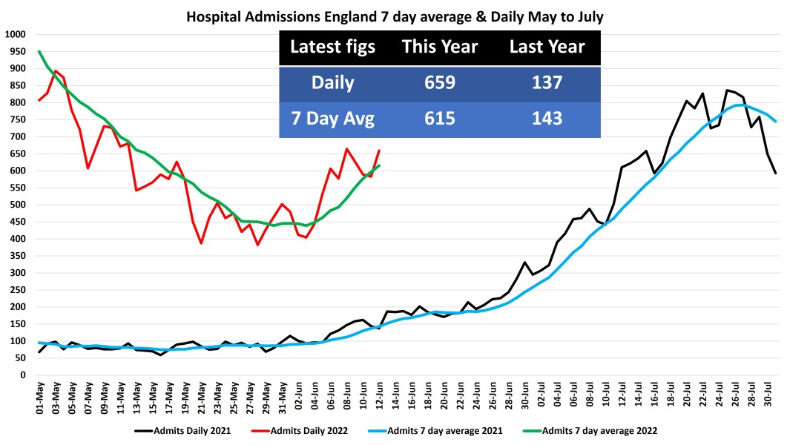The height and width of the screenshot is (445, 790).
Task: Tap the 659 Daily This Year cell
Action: click(x=439, y=83)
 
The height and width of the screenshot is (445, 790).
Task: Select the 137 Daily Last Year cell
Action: click(x=547, y=83)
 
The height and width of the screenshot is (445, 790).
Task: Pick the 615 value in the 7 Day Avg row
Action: click(x=439, y=119)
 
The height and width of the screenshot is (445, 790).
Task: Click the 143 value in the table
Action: click(x=547, y=119)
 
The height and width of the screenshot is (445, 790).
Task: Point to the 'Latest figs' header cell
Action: click(x=332, y=47)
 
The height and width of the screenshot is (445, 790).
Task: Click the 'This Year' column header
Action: click(x=439, y=47)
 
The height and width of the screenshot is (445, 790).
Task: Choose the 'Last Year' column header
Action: click(x=547, y=47)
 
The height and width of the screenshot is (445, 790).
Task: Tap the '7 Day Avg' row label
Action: click(x=332, y=119)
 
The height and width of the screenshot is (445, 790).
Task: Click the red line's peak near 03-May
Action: click(x=56, y=71)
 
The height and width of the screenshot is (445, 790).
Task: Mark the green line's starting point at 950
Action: click(x=39, y=51)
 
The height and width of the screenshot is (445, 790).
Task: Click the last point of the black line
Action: click(x=776, y=173)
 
